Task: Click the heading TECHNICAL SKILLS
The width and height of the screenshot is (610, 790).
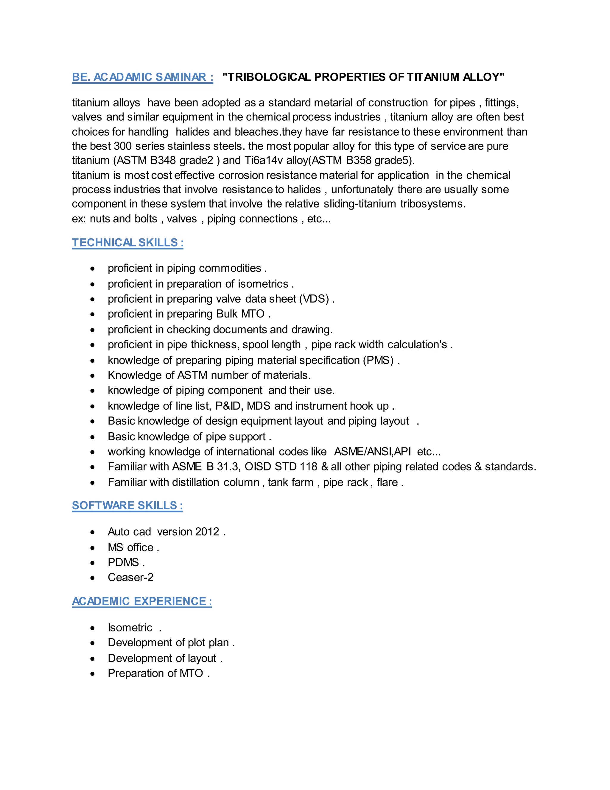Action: (x=127, y=242)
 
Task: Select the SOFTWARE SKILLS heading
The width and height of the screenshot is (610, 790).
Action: (x=127, y=505)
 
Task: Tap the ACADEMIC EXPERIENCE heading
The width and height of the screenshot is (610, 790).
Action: (x=142, y=601)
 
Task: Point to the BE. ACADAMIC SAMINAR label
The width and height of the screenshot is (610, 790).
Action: (x=142, y=77)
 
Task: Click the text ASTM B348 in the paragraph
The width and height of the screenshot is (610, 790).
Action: (x=146, y=160)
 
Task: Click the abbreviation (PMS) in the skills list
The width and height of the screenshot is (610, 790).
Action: (x=378, y=360)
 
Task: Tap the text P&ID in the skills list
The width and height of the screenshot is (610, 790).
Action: (x=228, y=406)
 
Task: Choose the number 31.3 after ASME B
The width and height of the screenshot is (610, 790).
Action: (x=228, y=467)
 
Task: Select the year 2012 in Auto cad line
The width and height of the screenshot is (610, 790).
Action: (x=207, y=532)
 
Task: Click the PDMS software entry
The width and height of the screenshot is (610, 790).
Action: (x=123, y=563)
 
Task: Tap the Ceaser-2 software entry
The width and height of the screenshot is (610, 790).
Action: (x=130, y=577)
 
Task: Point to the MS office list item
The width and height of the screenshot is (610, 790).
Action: (x=130, y=547)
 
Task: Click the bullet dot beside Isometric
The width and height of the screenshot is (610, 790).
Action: (x=93, y=628)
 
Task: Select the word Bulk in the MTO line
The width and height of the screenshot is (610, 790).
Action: (x=227, y=314)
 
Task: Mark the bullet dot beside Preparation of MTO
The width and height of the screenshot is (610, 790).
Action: (x=93, y=673)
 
